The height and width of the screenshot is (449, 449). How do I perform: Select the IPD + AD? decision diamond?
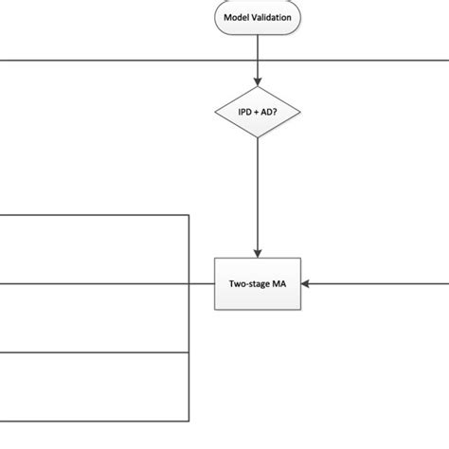[258, 114]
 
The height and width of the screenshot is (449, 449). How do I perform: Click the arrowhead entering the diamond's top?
[258, 83]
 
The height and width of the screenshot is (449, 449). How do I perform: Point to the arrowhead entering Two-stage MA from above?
[258, 251]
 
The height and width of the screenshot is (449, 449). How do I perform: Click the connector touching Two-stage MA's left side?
[203, 282]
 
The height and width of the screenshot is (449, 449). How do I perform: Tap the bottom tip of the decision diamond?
[258, 138]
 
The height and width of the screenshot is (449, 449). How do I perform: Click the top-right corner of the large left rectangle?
[189, 215]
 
